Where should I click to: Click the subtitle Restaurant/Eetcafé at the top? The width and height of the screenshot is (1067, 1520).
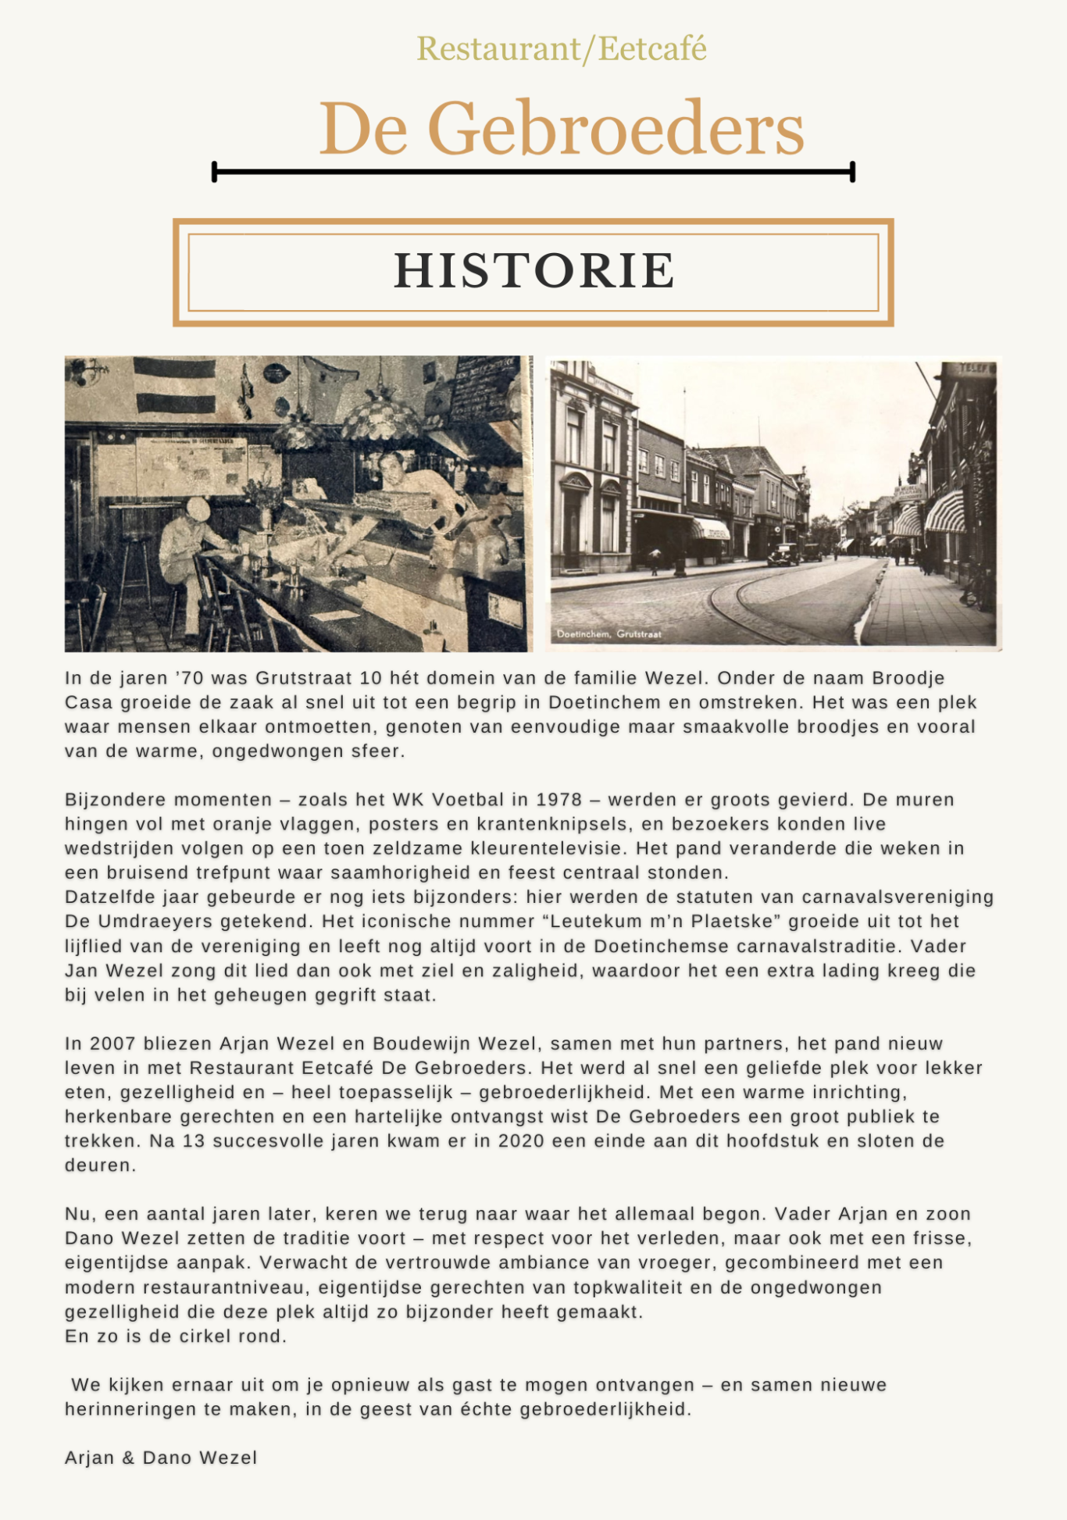click(561, 49)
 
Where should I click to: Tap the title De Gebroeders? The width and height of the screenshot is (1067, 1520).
click(561, 129)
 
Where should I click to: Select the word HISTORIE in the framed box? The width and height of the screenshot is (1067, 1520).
click(533, 271)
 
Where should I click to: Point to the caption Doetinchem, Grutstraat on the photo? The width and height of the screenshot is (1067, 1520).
click(608, 634)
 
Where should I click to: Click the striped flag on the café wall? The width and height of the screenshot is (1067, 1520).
click(174, 385)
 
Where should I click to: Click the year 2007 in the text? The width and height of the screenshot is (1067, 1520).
click(112, 1044)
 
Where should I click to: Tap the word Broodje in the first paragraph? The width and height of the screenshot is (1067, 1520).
click(908, 678)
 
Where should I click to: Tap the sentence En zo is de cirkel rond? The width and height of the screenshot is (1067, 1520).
click(176, 1336)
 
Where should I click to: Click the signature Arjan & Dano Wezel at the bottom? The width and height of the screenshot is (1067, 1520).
click(161, 1458)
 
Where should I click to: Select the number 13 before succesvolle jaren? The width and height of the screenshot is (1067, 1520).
click(194, 1141)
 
